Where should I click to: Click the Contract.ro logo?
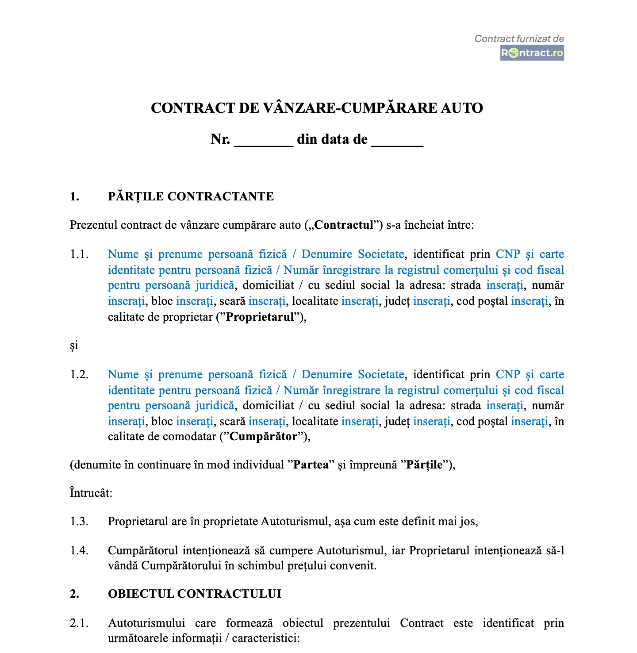532,53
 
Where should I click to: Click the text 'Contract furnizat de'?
519,39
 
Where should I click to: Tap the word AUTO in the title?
462,108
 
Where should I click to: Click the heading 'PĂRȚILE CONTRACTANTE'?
191,196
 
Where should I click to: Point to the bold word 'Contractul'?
344,225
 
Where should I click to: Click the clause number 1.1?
79,254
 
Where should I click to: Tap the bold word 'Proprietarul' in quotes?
260,317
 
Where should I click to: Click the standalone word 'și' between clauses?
74,346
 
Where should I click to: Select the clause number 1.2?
79,375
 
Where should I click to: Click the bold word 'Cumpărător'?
264,437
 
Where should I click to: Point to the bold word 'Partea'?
311,465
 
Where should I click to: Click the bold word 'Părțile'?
424,465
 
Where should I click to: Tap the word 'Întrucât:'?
91,493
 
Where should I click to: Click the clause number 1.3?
79,522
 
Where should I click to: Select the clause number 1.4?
79,551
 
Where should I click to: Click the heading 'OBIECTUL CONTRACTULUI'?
195,594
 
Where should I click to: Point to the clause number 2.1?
79,623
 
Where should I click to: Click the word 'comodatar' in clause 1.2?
190,437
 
